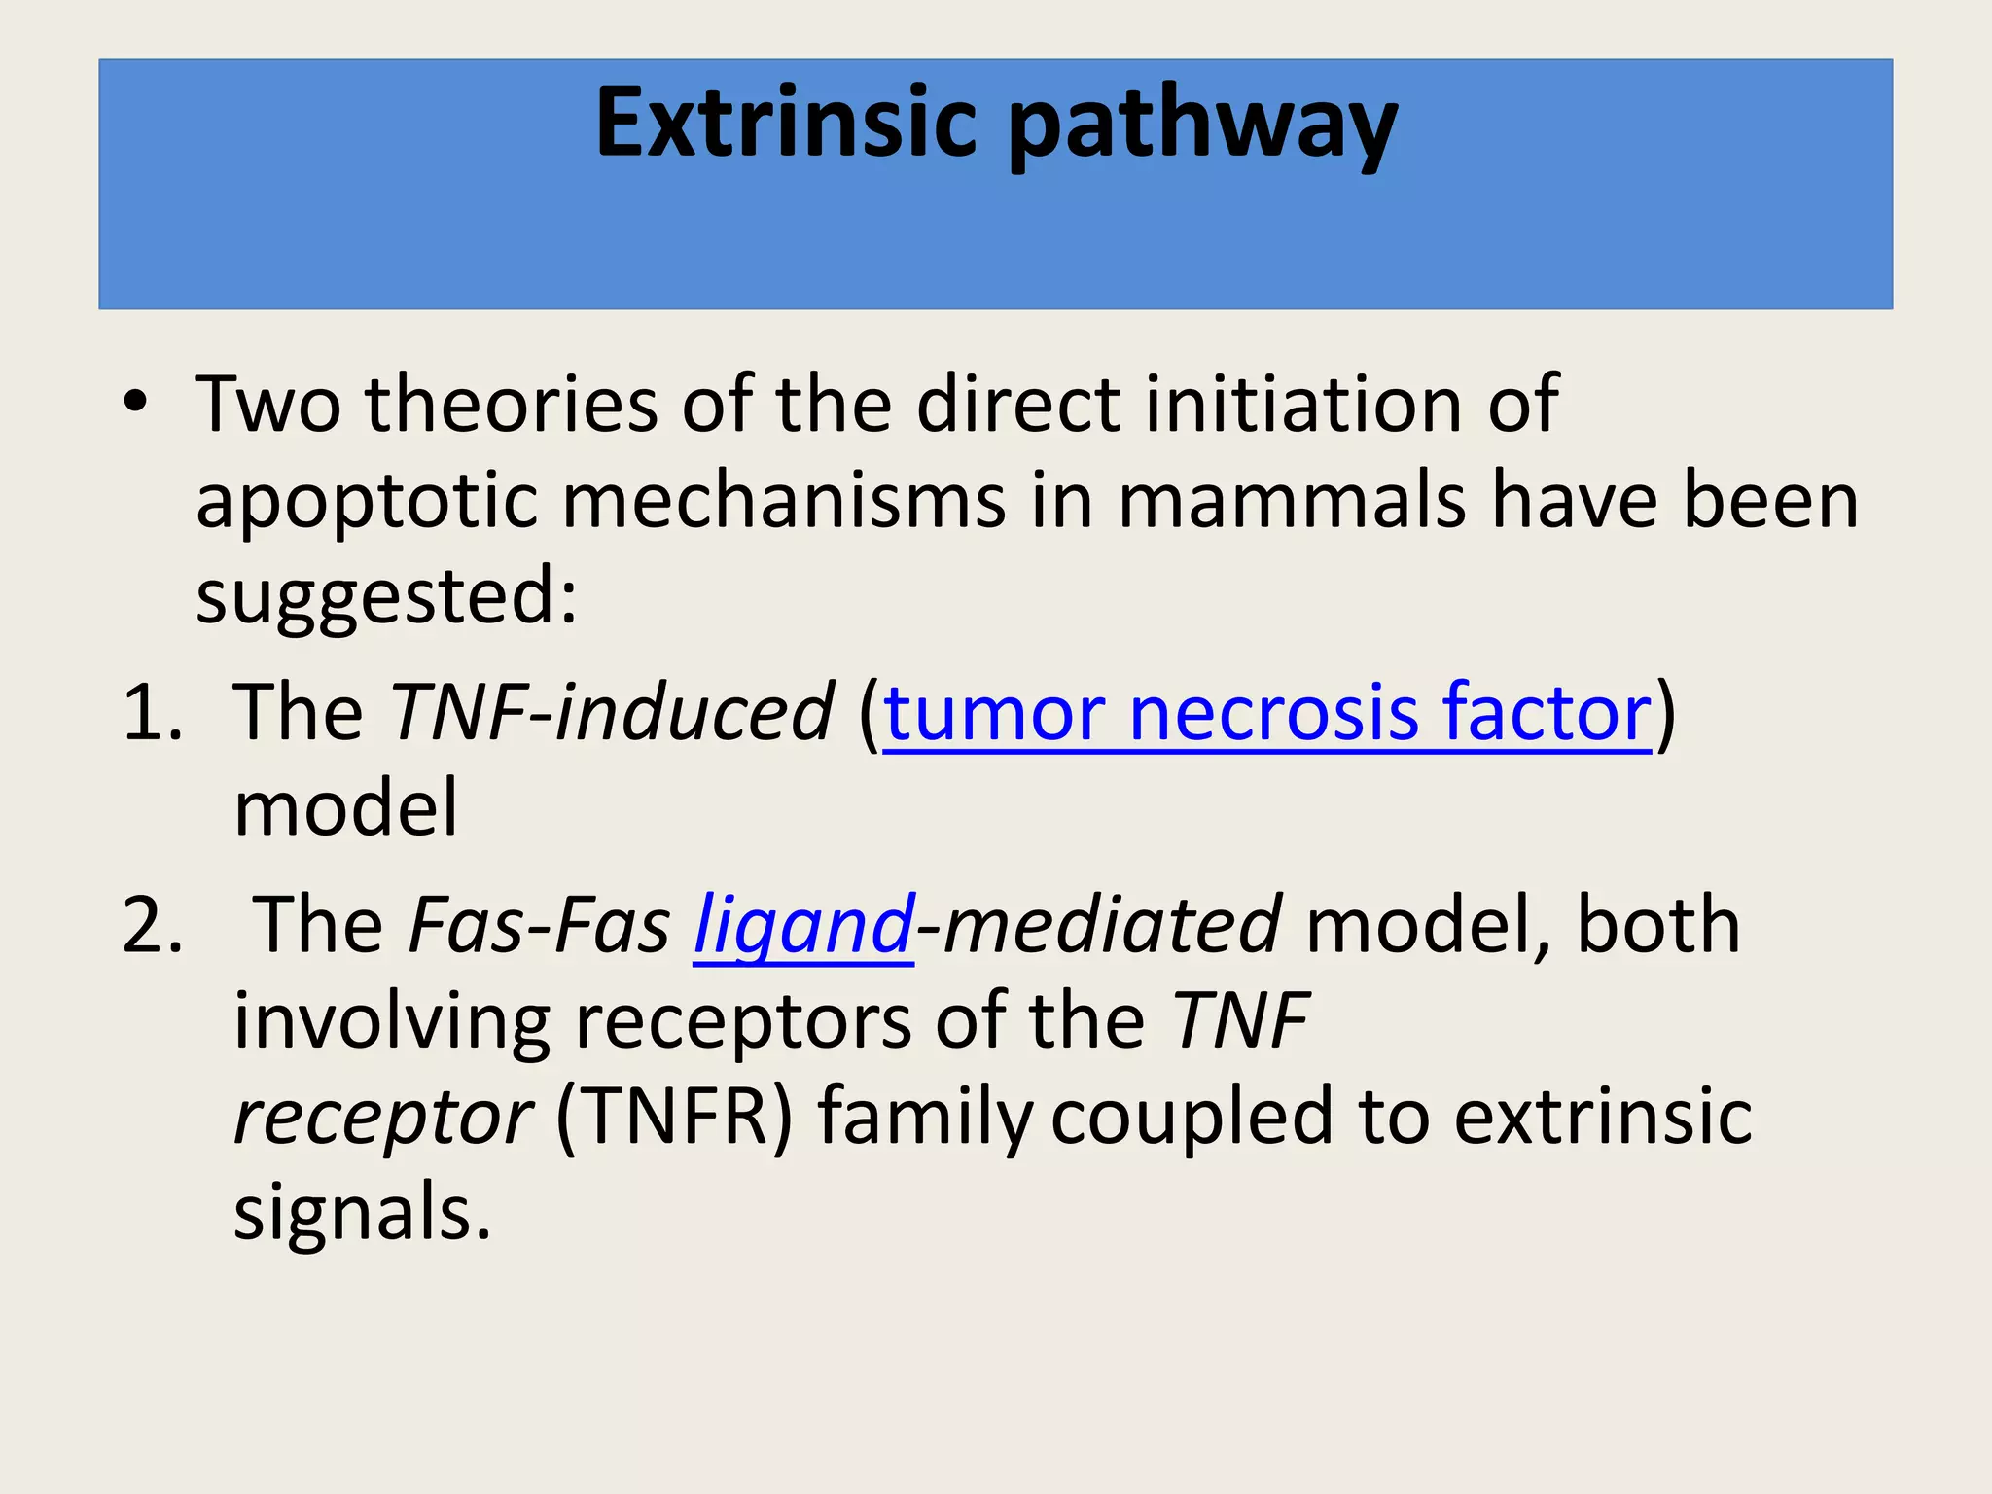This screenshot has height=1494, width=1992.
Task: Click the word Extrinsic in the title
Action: (x=786, y=124)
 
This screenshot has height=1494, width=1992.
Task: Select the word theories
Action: (x=512, y=403)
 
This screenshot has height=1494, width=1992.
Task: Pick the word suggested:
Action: (x=386, y=596)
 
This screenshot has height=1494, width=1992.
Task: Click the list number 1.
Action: (x=152, y=713)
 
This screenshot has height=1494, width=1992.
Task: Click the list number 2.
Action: (x=152, y=925)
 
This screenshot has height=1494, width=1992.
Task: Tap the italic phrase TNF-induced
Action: (x=611, y=713)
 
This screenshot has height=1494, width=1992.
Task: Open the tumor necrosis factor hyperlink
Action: (x=1267, y=713)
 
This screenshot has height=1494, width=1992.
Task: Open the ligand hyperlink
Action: (x=803, y=925)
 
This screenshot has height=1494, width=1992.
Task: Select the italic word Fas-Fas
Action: (x=539, y=925)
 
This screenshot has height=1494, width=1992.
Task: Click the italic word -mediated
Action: (x=1098, y=925)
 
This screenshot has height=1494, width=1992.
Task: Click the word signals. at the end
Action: (x=362, y=1212)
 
